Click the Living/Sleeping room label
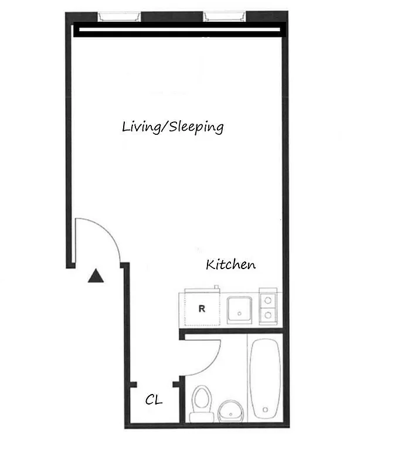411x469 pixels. pyautogui.click(x=172, y=127)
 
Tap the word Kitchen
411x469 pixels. pyautogui.click(x=230, y=265)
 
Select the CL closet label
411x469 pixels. pyautogui.click(x=154, y=400)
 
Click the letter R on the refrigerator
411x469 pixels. pyautogui.click(x=201, y=308)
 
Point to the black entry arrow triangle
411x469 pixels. pyautogui.click(x=95, y=276)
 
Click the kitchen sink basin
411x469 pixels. pyautogui.click(x=239, y=309)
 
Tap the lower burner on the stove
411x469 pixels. pyautogui.click(x=268, y=315)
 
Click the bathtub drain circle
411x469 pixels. pyautogui.click(x=266, y=409)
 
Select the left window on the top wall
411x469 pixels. pyautogui.click(x=119, y=16)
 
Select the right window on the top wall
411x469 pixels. pyautogui.click(x=225, y=16)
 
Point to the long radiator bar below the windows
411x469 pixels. pyautogui.click(x=178, y=30)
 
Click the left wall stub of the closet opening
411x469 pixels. pyautogui.click(x=133, y=385)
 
